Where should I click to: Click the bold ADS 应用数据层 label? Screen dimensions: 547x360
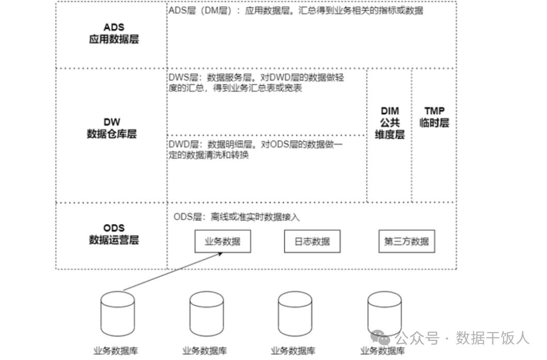pos(114,33)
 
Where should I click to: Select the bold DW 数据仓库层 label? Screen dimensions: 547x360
pos(111,128)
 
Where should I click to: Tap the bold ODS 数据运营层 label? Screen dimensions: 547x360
pos(114,234)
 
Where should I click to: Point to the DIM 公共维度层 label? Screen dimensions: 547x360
pos(390,122)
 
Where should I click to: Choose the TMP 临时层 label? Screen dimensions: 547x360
pos(435,117)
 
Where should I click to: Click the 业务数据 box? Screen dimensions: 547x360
pos(222,241)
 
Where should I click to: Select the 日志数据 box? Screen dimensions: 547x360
pos(312,241)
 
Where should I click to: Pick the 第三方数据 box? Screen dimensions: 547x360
pos(407,241)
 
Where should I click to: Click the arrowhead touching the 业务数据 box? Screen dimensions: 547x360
pos(220,254)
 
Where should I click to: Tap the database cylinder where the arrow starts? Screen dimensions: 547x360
pos(118,314)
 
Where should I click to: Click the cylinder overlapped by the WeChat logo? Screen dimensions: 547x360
pos(384,314)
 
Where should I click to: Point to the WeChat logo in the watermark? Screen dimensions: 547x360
pos(380,337)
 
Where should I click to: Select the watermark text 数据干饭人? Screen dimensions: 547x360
pos(493,338)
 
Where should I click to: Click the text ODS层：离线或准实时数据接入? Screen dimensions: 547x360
pos(236,217)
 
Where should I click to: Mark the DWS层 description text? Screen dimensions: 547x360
pos(256,83)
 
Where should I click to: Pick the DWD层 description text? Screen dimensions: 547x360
pos(256,149)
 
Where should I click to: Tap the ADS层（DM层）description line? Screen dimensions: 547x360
pos(296,10)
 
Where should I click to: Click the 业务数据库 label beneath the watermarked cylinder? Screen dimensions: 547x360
pos(383,351)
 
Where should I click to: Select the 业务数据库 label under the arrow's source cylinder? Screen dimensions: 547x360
pos(116,351)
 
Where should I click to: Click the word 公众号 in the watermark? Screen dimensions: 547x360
pos(417,338)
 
